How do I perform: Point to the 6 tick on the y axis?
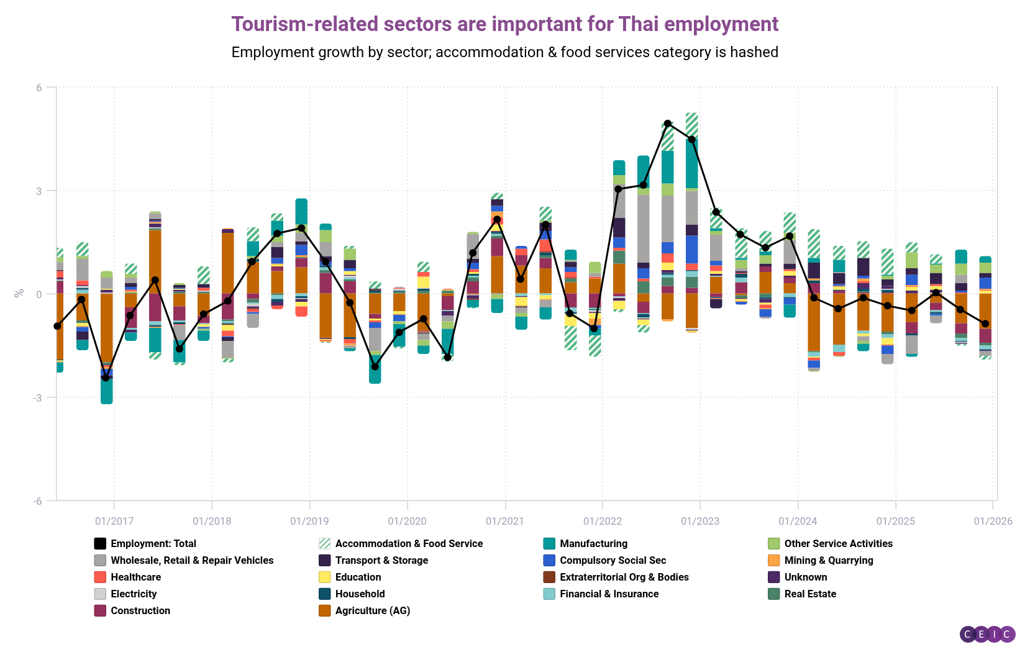point(39,88)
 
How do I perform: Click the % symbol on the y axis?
point(19,293)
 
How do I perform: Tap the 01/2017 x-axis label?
point(114,521)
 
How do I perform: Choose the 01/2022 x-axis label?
point(602,521)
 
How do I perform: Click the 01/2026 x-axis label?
point(993,521)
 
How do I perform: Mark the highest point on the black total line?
point(668,124)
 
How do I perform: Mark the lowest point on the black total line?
point(106,378)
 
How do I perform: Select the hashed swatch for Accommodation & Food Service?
point(324,543)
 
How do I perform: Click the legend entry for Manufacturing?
point(593,543)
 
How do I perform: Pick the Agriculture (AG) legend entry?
point(372,610)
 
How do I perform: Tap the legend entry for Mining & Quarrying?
point(828,560)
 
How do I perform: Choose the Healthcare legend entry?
point(135,577)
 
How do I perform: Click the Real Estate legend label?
point(810,594)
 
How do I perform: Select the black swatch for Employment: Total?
point(100,543)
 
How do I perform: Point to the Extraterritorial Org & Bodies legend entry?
point(624,577)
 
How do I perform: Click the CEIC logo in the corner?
point(987,634)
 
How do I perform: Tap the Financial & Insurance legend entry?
point(609,594)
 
